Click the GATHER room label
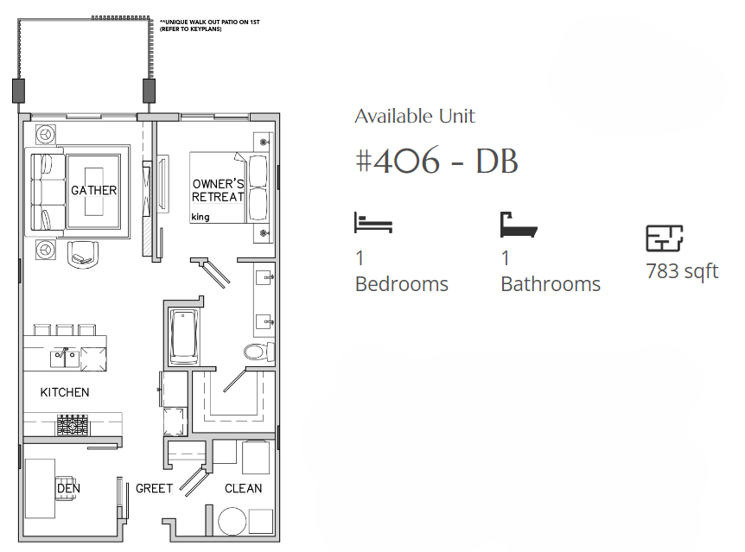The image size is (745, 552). [93, 191]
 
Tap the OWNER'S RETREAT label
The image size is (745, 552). [218, 190]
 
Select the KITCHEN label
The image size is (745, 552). [65, 392]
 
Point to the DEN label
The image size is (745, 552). [68, 488]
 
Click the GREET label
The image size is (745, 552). [154, 488]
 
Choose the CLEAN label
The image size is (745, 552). [243, 488]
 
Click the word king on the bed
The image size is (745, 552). [200, 217]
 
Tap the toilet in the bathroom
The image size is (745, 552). [259, 352]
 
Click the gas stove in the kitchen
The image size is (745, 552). [73, 425]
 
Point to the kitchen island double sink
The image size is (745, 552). [65, 358]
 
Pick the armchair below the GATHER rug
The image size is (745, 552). [84, 255]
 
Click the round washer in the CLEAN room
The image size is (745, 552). [232, 521]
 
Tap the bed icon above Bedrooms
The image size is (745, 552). [373, 222]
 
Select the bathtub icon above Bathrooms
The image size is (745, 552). [519, 225]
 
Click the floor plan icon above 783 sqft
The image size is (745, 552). [665, 238]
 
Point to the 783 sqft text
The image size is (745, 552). [682, 271]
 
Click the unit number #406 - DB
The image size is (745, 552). [436, 161]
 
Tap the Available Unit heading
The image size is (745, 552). [415, 117]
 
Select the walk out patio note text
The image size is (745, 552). [209, 25]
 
